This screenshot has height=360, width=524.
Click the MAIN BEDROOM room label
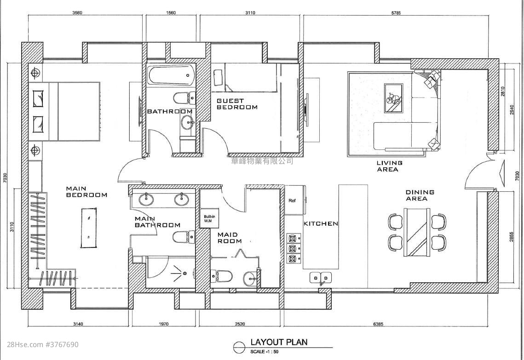tap(86, 192)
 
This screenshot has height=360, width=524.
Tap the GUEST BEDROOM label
tap(237, 104)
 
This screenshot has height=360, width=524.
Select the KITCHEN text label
tap(321, 224)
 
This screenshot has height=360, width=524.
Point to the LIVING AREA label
tap(389, 166)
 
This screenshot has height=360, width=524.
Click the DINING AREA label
tap(420, 195)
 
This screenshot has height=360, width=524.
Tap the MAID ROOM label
tap(230, 238)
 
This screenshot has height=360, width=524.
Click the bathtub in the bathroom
tap(171, 75)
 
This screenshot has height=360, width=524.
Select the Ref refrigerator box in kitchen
tap(295, 200)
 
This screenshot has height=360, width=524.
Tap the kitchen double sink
tap(321, 278)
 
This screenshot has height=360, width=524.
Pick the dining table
tap(417, 232)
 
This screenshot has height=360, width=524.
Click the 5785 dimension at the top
tap(396, 13)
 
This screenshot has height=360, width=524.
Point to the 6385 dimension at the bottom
tap(378, 324)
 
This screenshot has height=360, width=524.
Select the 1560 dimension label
tap(171, 13)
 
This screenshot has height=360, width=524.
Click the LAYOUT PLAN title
tap(279, 342)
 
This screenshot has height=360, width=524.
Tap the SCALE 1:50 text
tap(265, 352)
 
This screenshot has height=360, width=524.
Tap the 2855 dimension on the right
tap(512, 236)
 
